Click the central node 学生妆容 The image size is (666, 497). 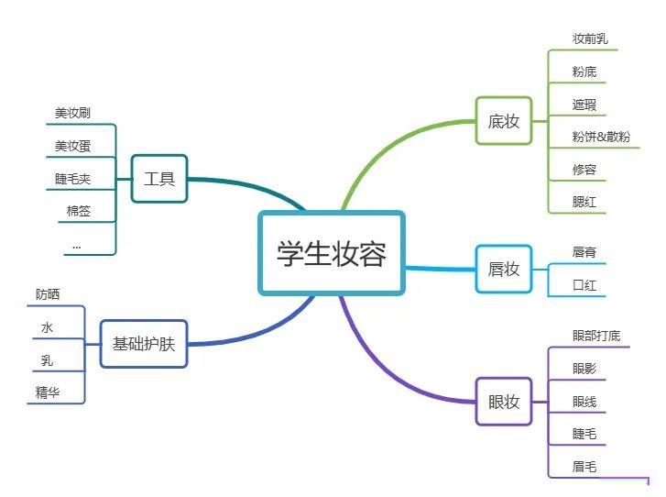tap(332, 253)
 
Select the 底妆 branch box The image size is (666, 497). tap(504, 121)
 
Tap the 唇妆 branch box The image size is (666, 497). tap(504, 269)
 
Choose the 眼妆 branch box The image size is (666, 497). tap(504, 402)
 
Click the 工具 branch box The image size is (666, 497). tap(159, 179)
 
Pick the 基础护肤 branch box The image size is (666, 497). tap(144, 344)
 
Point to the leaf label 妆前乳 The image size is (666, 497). tap(590, 39)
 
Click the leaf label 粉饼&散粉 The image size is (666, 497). tap(601, 137)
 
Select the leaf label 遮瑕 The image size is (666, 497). tap(584, 105)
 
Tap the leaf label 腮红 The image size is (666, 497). tap(584, 202)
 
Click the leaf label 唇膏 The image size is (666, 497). tap(584, 252)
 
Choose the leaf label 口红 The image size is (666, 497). tap(584, 285)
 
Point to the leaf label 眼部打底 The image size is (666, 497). tap(596, 336)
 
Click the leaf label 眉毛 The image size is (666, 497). tap(584, 467)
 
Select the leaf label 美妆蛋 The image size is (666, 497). tap(72, 146)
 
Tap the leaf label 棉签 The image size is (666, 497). tap(79, 211)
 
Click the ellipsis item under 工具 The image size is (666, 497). tap(76, 246)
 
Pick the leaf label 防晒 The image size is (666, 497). tap(48, 294)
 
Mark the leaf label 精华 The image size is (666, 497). tap(48, 392)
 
